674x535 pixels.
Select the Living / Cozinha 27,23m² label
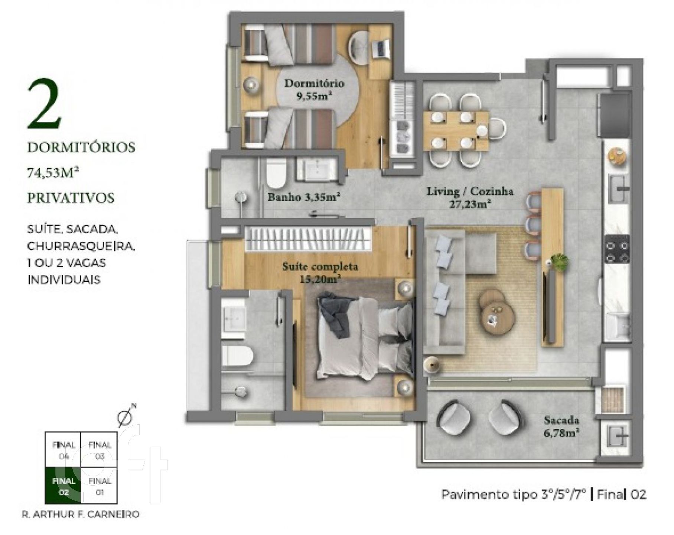pos(470,197)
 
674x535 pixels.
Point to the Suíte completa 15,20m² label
pos(320,273)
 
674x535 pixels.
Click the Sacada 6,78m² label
pos(561,427)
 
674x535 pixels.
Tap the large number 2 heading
pos(45,104)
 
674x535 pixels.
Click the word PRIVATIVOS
pos(71,198)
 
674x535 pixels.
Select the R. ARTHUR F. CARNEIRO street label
pos(81,515)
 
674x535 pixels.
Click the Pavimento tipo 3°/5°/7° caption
pos(514,495)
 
